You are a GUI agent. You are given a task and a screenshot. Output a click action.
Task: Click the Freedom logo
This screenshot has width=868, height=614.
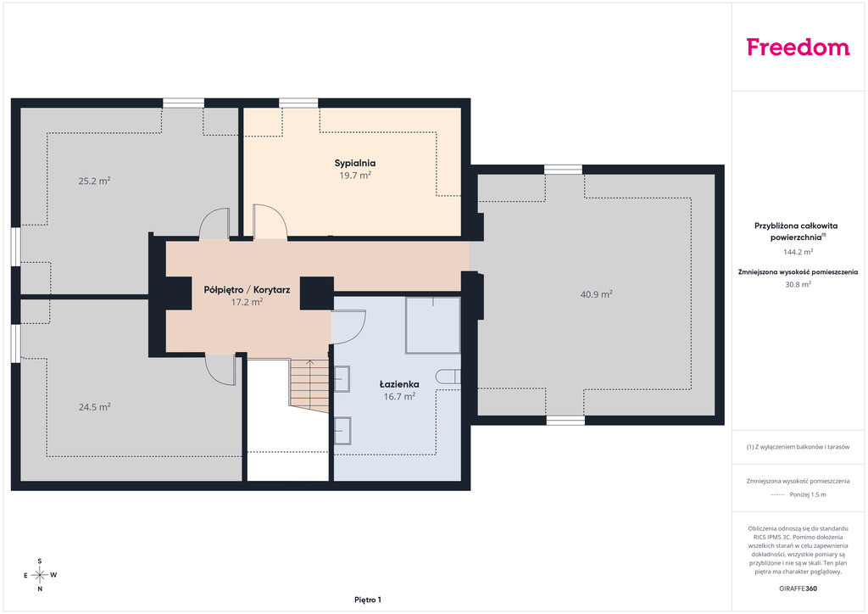point(798,47)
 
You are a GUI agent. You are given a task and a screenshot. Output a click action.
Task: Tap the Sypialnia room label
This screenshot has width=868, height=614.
point(355,164)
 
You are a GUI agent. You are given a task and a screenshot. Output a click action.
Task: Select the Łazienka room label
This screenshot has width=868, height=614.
point(399,383)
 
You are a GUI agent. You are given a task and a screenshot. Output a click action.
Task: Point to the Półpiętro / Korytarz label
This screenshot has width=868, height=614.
point(247,289)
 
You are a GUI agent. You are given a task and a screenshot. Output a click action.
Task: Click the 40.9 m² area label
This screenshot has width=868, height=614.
point(596,294)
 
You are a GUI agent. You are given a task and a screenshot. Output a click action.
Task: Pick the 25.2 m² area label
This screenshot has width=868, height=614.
point(94,181)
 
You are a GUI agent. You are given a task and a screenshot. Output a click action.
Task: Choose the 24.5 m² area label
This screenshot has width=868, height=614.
point(94,407)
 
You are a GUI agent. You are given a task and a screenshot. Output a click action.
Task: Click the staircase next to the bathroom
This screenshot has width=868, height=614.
point(309,385)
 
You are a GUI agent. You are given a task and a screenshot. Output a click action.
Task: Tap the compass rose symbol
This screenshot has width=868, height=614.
point(40,575)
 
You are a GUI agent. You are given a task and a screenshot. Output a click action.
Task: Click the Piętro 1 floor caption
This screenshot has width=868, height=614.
point(368,600)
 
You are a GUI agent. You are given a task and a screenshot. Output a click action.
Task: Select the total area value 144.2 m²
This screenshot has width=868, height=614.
point(798,252)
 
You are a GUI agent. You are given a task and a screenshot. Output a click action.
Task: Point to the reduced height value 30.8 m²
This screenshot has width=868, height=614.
point(798,285)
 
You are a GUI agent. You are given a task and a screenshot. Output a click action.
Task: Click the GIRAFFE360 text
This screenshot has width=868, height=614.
point(798,589)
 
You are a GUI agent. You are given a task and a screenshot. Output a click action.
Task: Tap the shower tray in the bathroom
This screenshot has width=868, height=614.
point(433,325)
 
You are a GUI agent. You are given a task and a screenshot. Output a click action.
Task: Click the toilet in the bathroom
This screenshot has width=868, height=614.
point(448,377)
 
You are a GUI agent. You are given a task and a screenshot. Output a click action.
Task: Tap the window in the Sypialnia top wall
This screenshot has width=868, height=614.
point(298,103)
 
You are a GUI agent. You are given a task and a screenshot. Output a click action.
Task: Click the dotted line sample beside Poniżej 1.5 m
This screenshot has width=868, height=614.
point(778,495)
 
